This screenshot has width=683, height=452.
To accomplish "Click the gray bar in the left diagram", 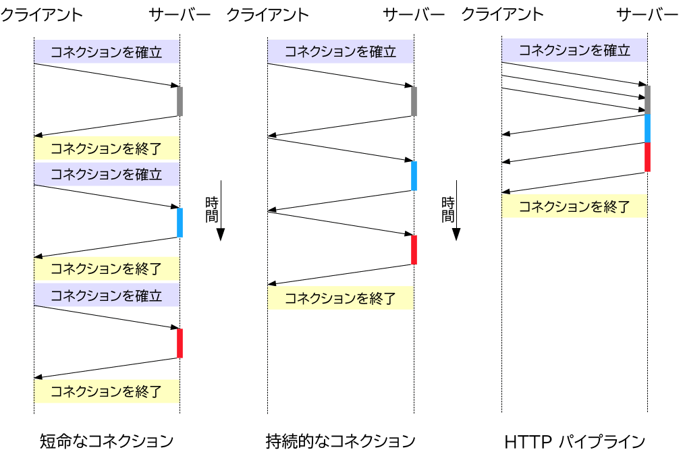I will point(180,101).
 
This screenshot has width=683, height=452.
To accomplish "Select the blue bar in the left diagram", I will point(180,223).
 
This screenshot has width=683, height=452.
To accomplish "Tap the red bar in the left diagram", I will point(180,343).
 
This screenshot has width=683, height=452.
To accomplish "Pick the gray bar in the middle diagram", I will point(414,101).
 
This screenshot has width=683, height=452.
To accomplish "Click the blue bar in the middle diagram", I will point(414,176).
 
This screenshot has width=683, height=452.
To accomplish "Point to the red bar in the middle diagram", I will point(414,250).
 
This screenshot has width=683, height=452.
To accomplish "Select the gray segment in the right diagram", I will point(647,99).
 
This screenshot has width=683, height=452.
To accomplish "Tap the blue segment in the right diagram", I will point(647,128).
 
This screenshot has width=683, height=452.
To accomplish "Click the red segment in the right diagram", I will point(647,157).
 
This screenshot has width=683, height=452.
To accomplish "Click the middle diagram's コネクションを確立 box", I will point(340,52).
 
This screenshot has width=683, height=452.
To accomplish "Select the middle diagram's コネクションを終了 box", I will point(340,298).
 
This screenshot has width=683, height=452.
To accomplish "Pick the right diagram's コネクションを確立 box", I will point(574,51).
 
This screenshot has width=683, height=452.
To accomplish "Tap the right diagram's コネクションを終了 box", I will point(574,206).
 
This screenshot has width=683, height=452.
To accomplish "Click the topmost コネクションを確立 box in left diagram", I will point(106,52).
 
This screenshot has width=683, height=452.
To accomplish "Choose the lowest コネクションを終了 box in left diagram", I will point(106,391).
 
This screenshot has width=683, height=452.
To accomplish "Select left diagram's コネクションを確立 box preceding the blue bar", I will point(106,174).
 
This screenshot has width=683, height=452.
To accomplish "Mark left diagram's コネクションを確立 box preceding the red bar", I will point(106,295).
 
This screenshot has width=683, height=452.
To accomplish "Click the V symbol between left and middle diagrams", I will point(220,235).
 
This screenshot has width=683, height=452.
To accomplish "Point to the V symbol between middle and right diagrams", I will point(456,235).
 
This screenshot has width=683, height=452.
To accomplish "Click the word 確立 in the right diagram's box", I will point(616,51).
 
